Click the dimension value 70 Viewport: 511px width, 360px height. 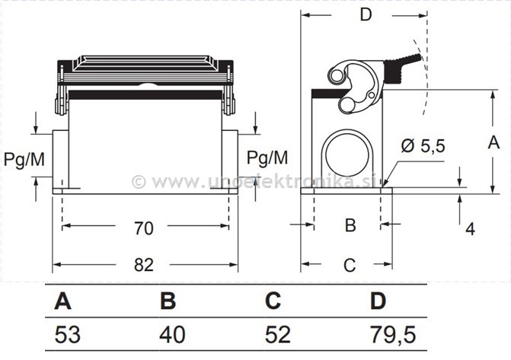pyautogui.click(x=144, y=228)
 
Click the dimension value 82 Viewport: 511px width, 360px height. pyautogui.click(x=144, y=265)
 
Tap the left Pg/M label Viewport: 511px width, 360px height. pyautogui.click(x=24, y=159)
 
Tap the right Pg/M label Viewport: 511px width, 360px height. pyautogui.click(x=268, y=158)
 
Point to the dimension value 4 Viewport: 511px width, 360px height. pyautogui.click(x=470, y=228)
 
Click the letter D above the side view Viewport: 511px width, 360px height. pyautogui.click(x=366, y=15)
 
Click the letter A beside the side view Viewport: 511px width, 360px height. pyautogui.click(x=493, y=142)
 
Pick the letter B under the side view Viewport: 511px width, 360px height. pyautogui.click(x=350, y=225)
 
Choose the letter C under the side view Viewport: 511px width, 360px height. pyautogui.click(x=350, y=265)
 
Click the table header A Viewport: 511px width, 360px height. pyautogui.click(x=62, y=301)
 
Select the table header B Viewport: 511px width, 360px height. pyautogui.click(x=168, y=301)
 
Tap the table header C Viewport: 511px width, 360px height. pyautogui.click(x=273, y=301)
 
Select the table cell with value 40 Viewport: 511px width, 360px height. pyautogui.click(x=172, y=333)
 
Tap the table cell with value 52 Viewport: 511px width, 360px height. pyautogui.click(x=277, y=333)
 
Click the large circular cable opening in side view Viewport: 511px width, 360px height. pyautogui.click(x=347, y=153)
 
